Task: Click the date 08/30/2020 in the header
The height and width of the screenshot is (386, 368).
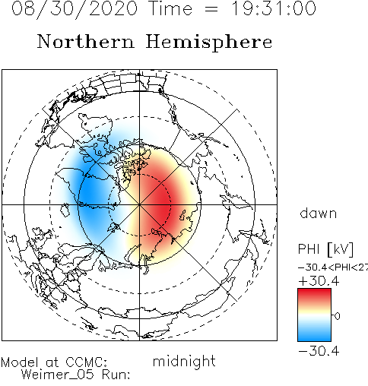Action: coord(75,9)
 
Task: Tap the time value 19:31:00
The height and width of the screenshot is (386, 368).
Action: coord(274,8)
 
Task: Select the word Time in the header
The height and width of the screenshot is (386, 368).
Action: coord(171,8)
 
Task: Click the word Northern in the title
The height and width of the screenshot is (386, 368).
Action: coord(86,41)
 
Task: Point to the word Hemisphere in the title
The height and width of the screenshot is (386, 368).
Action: coord(209,43)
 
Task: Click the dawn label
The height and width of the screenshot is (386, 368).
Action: coord(319,214)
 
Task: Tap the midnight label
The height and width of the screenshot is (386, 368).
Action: coord(184,362)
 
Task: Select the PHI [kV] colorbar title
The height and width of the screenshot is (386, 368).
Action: coord(325,249)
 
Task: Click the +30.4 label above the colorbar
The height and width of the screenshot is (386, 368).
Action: coord(319,281)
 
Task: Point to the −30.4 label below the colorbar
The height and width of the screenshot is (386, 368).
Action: coord(319,351)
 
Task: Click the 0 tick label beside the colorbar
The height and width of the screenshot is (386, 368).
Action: coord(338,316)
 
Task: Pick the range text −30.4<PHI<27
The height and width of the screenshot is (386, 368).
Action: coord(333,267)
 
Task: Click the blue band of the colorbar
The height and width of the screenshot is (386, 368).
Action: coord(314,334)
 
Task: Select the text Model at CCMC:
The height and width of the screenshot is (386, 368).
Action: coord(54,362)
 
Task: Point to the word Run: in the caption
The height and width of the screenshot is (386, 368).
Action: coord(116,375)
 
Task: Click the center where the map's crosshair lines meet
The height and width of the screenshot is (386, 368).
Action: coord(139,204)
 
